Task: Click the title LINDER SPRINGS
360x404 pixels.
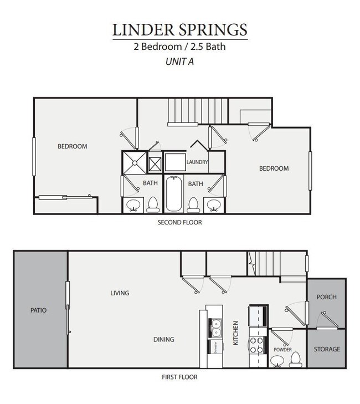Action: pyautogui.click(x=179, y=29)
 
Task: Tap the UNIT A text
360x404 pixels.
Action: pyautogui.click(x=179, y=62)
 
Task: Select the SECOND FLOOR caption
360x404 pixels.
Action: pyautogui.click(x=179, y=223)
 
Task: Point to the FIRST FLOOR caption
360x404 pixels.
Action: pyautogui.click(x=179, y=377)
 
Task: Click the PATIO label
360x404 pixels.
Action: pyautogui.click(x=38, y=310)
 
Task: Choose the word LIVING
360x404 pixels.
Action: pyautogui.click(x=120, y=293)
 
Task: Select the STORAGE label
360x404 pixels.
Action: pyautogui.click(x=327, y=349)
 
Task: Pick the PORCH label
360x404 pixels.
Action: pyautogui.click(x=327, y=297)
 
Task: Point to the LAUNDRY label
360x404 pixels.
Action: pyautogui.click(x=197, y=162)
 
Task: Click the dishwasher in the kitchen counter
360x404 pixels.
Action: pyautogui.click(x=214, y=347)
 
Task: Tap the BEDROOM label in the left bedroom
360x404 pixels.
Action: pyautogui.click(x=73, y=146)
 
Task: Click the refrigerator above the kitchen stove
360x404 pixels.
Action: pyautogui.click(x=258, y=316)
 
